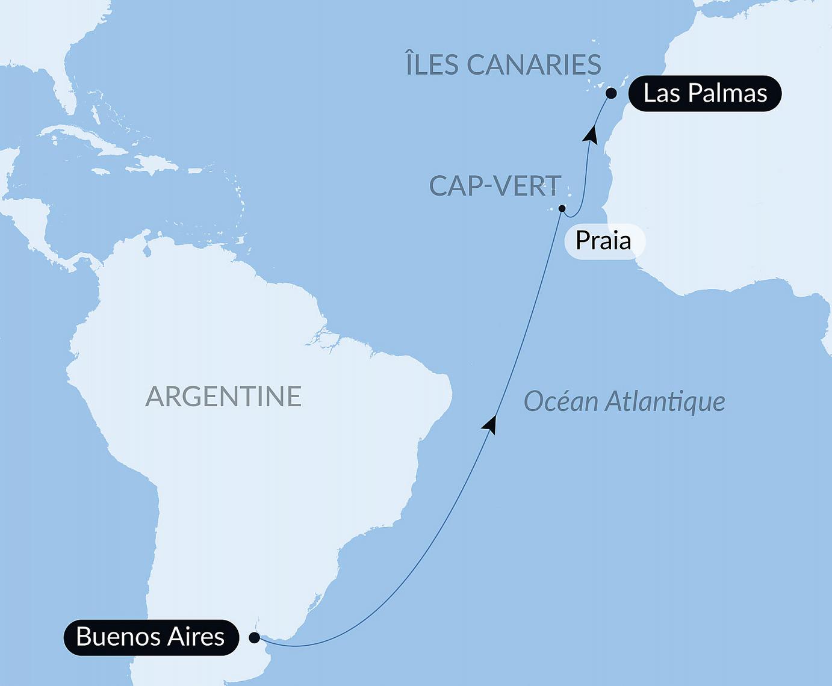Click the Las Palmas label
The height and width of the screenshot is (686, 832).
click(704, 93)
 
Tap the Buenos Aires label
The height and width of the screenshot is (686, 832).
click(151, 637)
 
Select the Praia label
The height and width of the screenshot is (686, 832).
click(603, 241)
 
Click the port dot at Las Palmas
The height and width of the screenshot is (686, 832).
click(611, 93)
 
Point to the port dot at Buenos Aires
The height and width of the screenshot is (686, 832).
click(254, 637)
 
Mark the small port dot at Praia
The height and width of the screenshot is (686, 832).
click(562, 209)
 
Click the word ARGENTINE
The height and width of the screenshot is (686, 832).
click(223, 397)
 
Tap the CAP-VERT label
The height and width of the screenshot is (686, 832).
click(495, 186)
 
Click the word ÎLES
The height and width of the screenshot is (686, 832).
click(432, 64)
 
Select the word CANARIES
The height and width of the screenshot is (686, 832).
click(533, 64)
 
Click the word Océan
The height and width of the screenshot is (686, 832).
click(560, 401)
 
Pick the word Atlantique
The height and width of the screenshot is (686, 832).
click(665, 401)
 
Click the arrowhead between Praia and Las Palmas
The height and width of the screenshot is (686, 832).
click(591, 134)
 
